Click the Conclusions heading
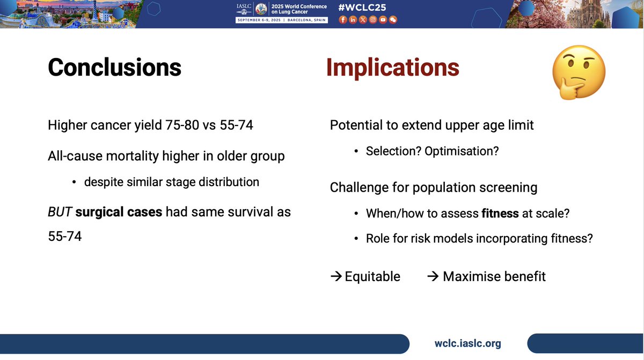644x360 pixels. click(114, 67)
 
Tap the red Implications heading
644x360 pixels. click(393, 68)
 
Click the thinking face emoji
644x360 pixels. click(579, 72)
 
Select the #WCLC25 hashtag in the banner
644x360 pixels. click(362, 8)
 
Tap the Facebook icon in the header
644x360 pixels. click(343, 19)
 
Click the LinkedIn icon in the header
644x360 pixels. click(353, 19)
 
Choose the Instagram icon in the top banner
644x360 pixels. click(373, 19)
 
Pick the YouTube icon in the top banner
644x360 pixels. click(383, 19)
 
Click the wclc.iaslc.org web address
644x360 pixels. click(468, 343)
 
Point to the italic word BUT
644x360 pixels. click(60, 212)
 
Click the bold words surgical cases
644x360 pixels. click(119, 212)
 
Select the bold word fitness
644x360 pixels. click(500, 213)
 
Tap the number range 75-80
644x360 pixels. click(182, 125)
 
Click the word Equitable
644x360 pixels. click(372, 276)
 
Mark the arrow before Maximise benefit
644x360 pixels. click(433, 276)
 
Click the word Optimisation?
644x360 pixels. click(462, 151)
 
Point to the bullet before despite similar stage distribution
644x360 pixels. click(74, 182)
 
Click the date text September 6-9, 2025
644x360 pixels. click(259, 20)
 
